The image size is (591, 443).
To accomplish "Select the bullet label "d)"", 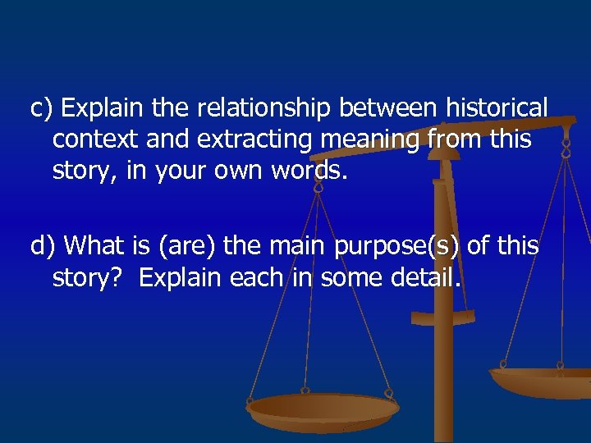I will [x=44, y=245].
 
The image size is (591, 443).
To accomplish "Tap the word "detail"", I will [x=426, y=278].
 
